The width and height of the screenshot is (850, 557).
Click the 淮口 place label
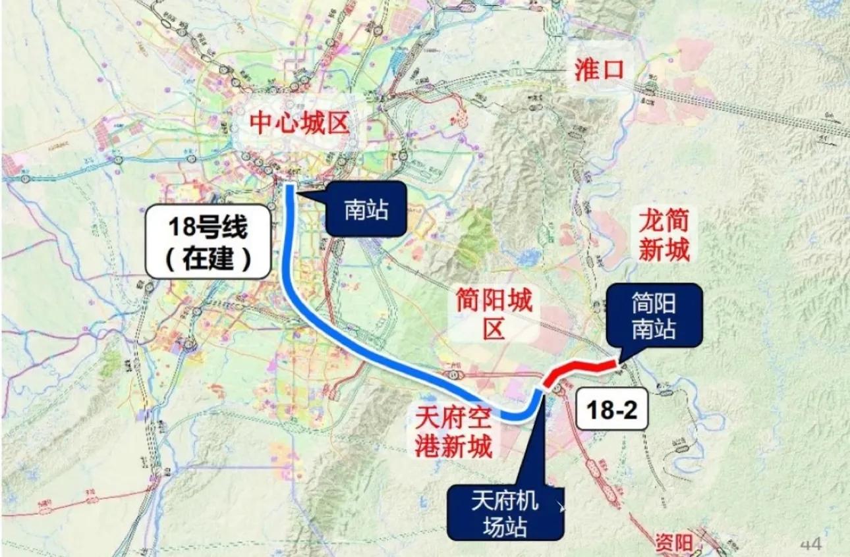pos(598,70)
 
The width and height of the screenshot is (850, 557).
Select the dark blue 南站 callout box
pos(366,209)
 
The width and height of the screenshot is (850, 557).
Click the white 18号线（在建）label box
pos(208,242)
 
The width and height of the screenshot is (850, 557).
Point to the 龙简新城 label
pos(664,236)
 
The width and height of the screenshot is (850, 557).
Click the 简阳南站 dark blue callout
pos(654,316)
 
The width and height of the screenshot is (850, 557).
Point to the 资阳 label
pos(674,543)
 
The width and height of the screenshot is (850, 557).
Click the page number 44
pos(811,544)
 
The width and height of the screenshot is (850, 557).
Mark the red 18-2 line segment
pos(580,369)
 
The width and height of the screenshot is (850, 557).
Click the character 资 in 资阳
pos(664,543)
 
